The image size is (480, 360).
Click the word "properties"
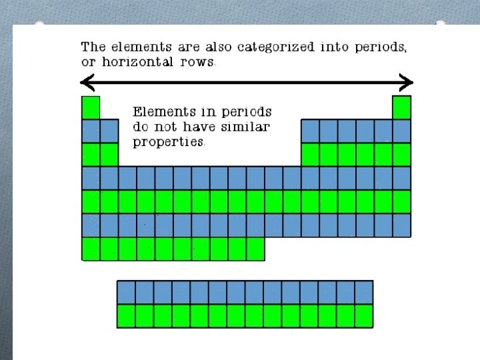[168, 141]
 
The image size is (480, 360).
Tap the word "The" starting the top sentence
[93, 47]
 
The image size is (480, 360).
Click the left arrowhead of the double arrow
[86, 83]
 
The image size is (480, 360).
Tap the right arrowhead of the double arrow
[407, 83]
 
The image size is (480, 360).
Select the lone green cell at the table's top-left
[91, 107]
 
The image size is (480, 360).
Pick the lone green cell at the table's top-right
[401, 107]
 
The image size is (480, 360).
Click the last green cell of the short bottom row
[255, 249]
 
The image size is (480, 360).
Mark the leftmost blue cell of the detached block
[126, 292]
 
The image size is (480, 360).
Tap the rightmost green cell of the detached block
[363, 315]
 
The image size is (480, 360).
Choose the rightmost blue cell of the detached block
[363, 292]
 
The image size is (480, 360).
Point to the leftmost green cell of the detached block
[126, 315]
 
